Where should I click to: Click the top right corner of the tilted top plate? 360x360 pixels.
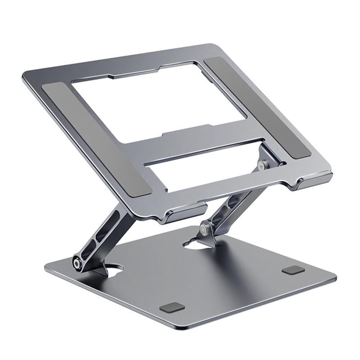211,45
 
